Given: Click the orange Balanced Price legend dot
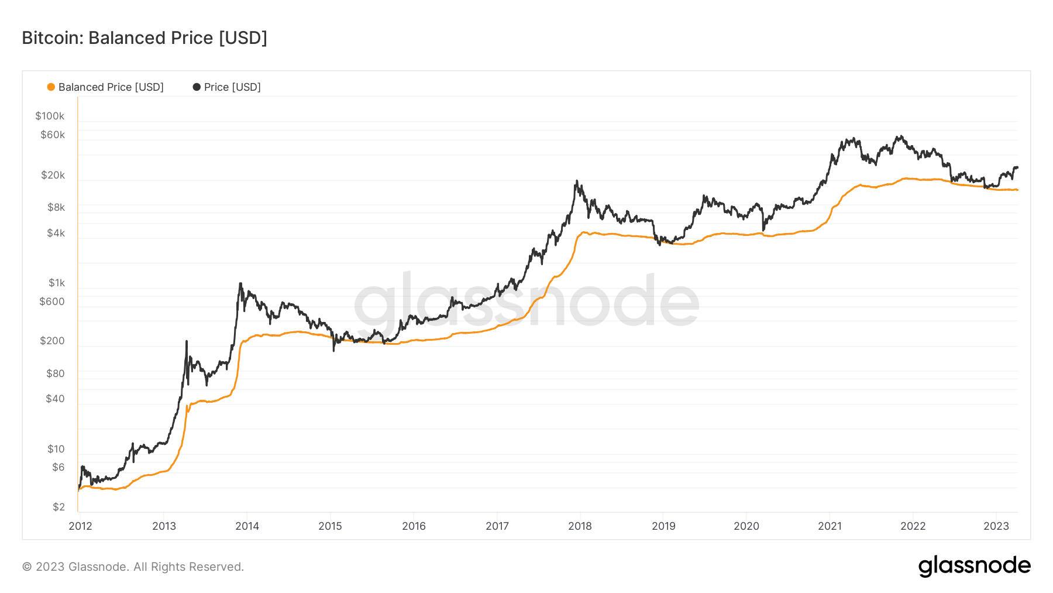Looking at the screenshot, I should point(51,87).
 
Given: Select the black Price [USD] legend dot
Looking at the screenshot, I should point(197,87).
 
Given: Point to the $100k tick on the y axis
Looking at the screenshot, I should point(50,116).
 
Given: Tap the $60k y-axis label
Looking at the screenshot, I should point(53,135).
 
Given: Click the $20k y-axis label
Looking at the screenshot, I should point(53,175).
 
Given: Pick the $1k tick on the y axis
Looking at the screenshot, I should point(57,283).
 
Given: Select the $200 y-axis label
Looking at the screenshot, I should point(52,341).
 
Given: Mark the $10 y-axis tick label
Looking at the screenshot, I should point(56,449).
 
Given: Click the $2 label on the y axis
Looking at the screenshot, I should point(58,507).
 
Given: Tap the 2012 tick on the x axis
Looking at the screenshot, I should point(81,526).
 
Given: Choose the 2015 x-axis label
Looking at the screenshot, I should point(330,526).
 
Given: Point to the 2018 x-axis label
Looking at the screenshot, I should point(580,526).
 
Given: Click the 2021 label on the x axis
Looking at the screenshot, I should point(830,526).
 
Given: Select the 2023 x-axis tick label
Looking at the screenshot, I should point(996,526).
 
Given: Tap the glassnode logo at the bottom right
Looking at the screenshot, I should point(974,566).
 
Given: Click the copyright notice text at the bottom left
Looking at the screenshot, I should point(133,567).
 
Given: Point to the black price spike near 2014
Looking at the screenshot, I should point(240,284).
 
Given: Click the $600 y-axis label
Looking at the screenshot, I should point(52,301).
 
